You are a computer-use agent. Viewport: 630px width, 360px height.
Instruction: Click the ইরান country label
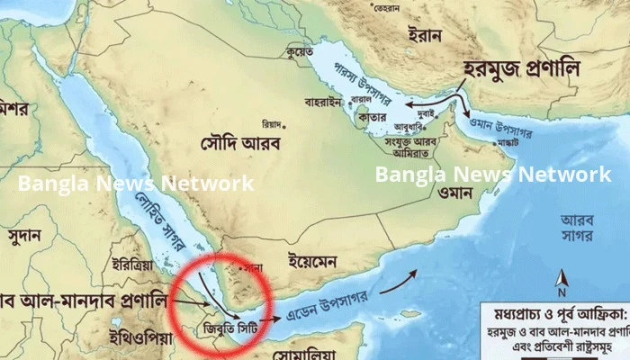425,35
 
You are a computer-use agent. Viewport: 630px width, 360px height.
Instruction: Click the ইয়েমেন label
311,262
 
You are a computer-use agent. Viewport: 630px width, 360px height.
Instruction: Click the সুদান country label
23,236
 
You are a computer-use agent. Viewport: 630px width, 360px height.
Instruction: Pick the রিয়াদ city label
272,123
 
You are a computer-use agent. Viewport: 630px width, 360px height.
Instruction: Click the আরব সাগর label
578,227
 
